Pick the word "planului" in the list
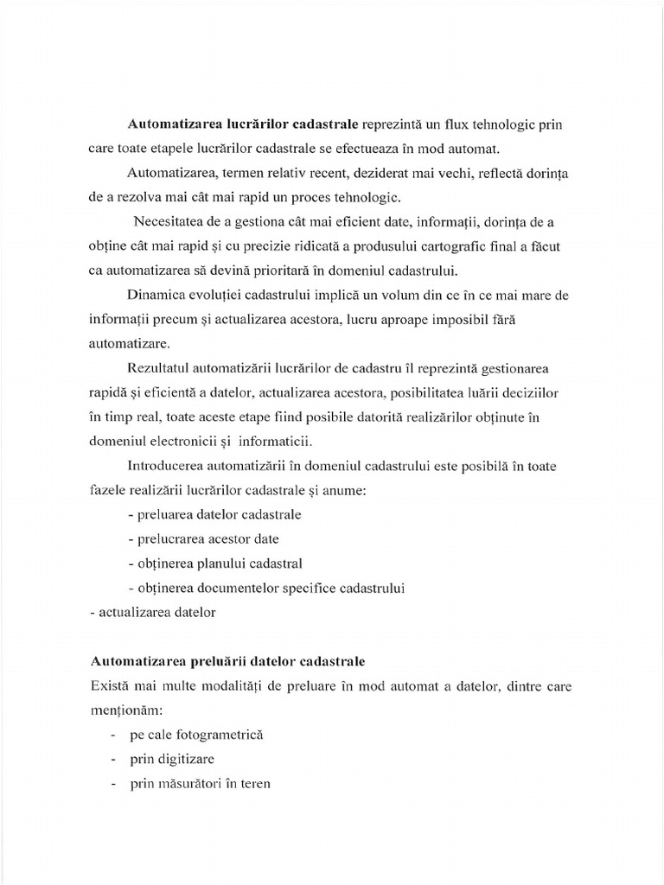click(227, 564)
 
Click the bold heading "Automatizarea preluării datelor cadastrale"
click(227, 661)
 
